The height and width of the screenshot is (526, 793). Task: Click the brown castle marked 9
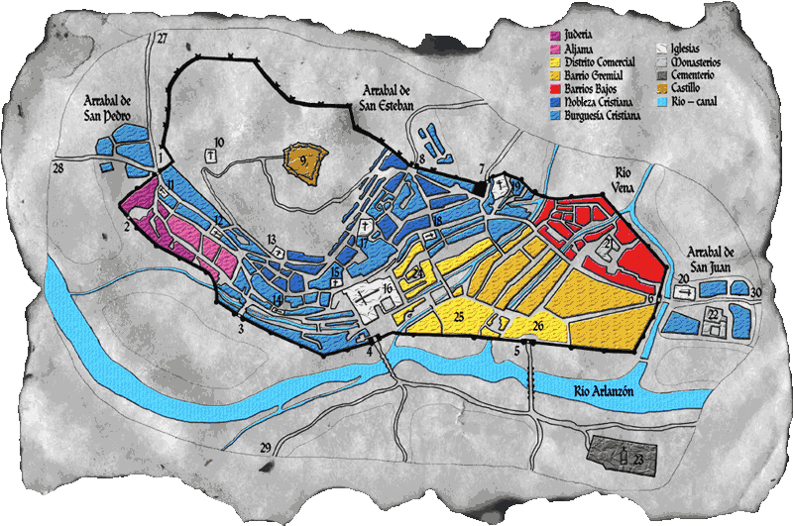(304, 160)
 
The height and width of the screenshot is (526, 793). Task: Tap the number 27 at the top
(163, 38)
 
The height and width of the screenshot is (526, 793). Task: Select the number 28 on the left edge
(58, 169)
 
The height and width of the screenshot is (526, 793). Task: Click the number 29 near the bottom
(266, 448)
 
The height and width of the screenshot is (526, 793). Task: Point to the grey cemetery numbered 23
(623, 451)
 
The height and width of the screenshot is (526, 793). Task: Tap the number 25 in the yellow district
(459, 316)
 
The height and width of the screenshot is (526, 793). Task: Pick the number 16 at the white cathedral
(388, 288)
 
